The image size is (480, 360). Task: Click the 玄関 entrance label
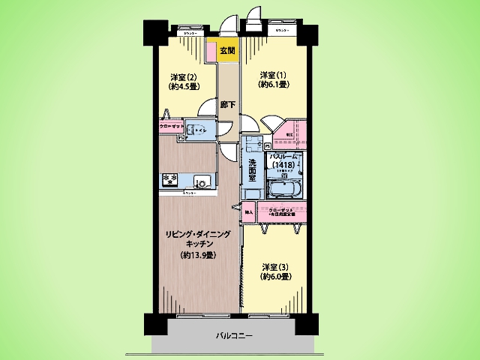(x=227, y=50)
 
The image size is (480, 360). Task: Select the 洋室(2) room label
(x=183, y=77)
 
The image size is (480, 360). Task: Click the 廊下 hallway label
(x=227, y=105)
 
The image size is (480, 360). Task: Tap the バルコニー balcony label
(x=235, y=336)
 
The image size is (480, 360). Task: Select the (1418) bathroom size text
(x=283, y=165)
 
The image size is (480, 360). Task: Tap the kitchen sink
(x=202, y=181)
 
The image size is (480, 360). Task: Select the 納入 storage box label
(x=249, y=212)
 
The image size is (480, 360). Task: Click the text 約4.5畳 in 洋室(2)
(x=183, y=87)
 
